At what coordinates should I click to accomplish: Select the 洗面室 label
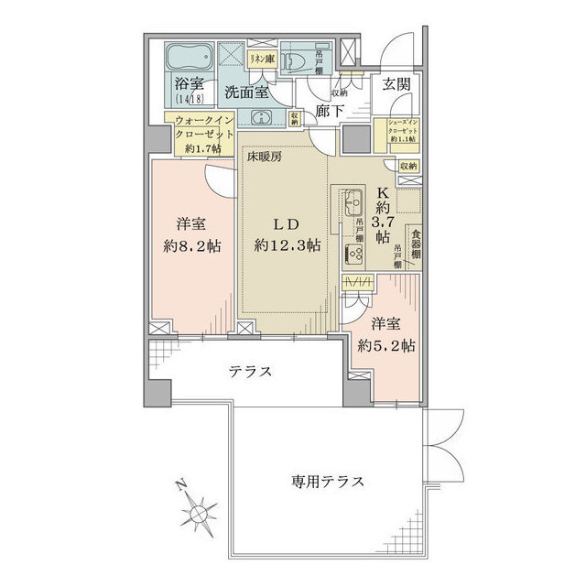[245, 92]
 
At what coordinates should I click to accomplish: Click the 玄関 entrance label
[396, 85]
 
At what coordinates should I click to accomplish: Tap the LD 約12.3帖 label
[288, 235]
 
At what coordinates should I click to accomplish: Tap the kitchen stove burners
[353, 255]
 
